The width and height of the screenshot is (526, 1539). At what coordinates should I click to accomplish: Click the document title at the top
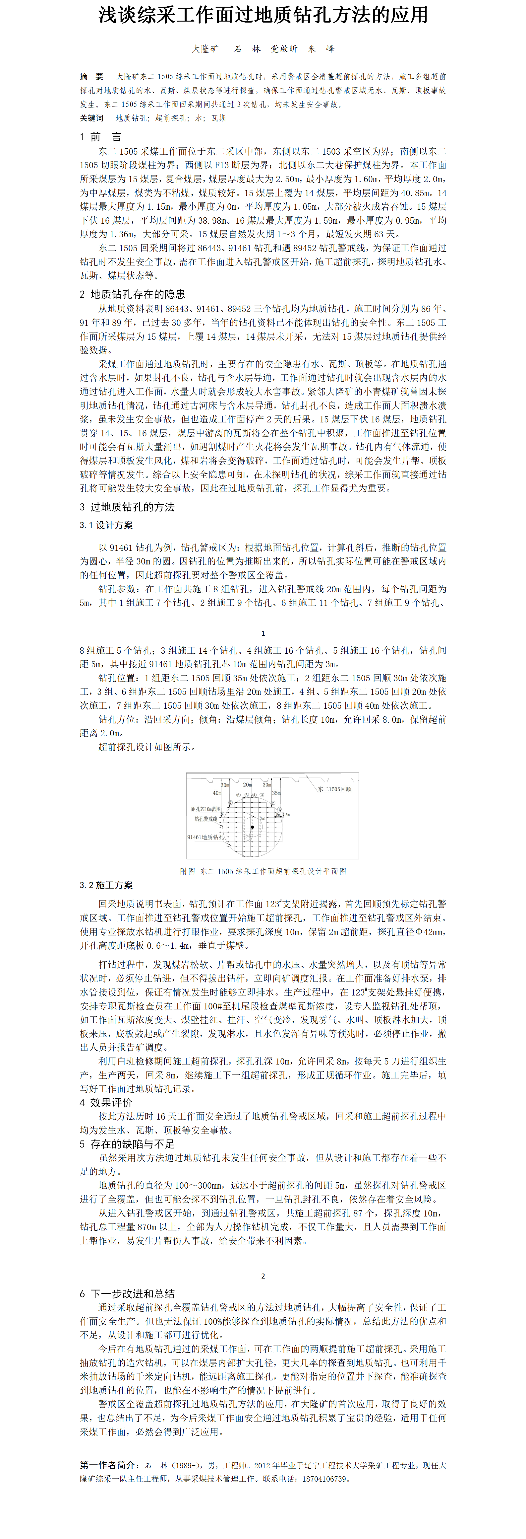click(263, 16)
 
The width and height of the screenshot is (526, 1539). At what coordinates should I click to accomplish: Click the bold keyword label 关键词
click(91, 118)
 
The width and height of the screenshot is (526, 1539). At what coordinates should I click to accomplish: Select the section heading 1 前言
click(100, 137)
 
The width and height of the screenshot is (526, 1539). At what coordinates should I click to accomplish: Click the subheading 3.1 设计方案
click(106, 525)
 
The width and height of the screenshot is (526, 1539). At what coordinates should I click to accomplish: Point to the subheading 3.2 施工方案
click(106, 885)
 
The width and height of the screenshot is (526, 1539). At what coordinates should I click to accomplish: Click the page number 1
click(263, 633)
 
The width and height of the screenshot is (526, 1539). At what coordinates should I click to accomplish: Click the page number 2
click(263, 1276)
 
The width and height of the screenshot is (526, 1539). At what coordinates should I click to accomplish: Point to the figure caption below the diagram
click(263, 871)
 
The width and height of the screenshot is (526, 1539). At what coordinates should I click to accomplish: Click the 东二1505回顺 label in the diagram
click(334, 789)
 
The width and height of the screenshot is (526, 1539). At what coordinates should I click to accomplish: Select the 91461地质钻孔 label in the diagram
click(205, 837)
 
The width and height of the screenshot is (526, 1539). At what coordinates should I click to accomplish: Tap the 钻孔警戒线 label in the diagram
click(206, 819)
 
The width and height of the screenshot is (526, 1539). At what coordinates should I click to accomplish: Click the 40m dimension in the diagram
click(217, 793)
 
